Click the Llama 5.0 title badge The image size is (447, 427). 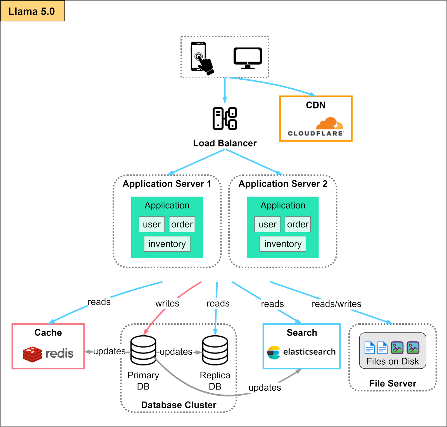coord(32,11)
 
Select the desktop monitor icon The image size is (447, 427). coord(248,58)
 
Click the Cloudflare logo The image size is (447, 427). coord(316,126)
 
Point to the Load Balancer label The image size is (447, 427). coord(225,143)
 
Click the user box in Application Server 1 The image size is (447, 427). coord(152,224)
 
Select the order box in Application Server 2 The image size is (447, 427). coord(298,224)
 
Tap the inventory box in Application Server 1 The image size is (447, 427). coord(167,244)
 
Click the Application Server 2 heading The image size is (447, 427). coord(283,184)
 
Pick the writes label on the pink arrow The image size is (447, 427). coord(167,303)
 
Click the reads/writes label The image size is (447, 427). coord(336,304)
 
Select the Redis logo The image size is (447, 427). coord(48,354)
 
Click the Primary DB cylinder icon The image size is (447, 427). coord(143,350)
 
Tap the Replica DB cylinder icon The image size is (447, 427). coord(215,350)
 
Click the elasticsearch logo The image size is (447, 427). coord(301,352)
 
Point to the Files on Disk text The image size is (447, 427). coord(393,361)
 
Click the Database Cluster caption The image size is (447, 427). coord(179,405)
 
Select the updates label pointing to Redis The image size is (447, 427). coord(109,351)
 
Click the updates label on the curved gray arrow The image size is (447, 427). coord(265,388)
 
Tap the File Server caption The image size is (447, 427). coord(393,383)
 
